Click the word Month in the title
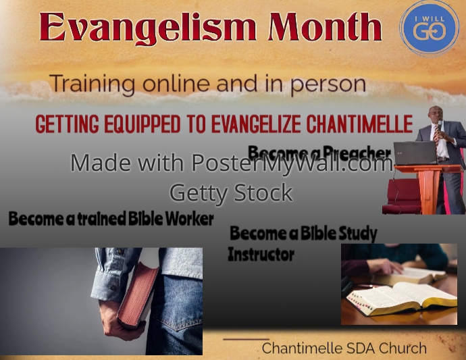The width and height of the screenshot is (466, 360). pos(325,28)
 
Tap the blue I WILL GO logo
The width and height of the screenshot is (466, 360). pos(430,28)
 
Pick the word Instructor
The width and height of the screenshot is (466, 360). pos(261,255)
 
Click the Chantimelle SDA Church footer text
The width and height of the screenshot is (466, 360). pos(344,349)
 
